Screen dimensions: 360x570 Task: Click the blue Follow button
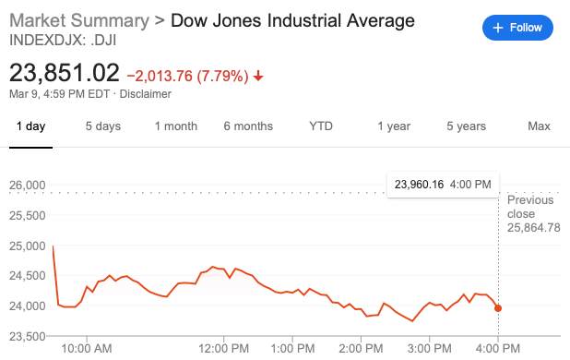point(517,28)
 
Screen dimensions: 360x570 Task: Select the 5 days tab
point(103,126)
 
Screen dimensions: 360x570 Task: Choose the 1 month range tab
point(176,126)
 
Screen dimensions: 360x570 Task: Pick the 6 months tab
point(248,126)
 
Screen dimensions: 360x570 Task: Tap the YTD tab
point(321,126)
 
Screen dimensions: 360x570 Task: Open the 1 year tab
point(394,126)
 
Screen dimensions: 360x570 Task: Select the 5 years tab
point(466,126)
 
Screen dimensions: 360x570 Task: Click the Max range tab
point(539,126)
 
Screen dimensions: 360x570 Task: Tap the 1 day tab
point(30,126)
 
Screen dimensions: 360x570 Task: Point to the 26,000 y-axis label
point(28,186)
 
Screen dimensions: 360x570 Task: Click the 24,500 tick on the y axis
point(28,275)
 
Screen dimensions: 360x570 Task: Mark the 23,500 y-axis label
point(28,335)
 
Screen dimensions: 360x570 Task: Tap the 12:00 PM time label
point(226,348)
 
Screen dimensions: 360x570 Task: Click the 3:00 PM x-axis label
point(430,348)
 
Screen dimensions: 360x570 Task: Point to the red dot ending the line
point(499,308)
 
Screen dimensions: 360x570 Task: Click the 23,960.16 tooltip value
point(420,185)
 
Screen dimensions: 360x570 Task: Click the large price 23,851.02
point(65,72)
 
